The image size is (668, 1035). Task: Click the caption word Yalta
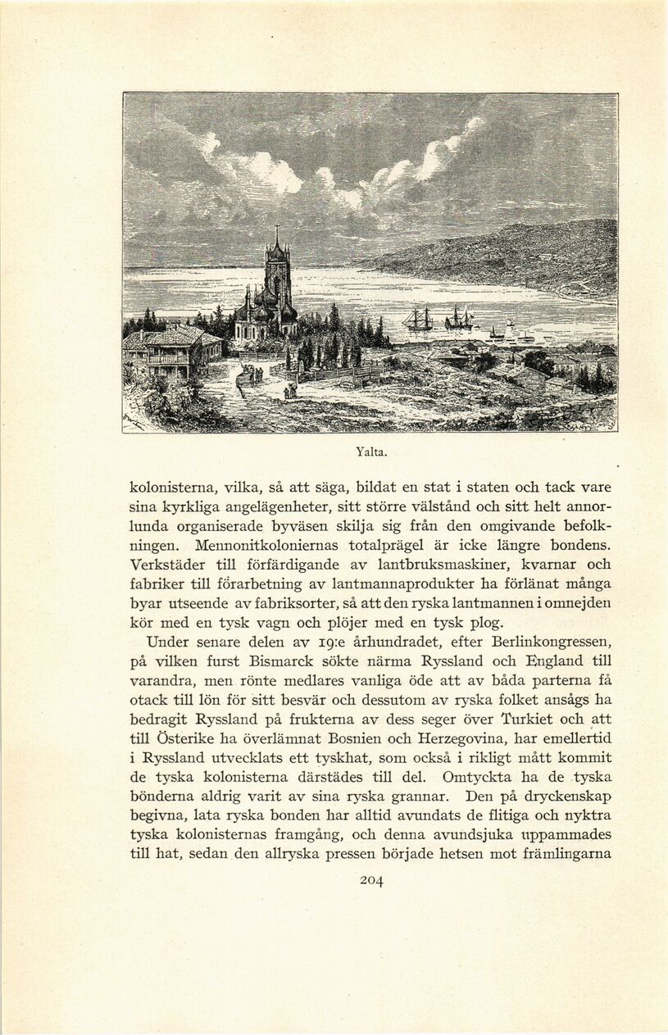point(371,451)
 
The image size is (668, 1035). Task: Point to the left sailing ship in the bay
point(418,318)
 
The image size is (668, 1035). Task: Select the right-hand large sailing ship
point(458,317)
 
